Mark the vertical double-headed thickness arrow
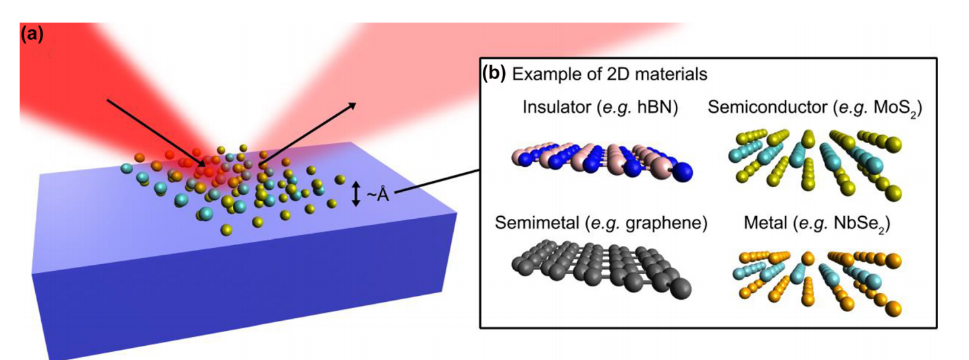coord(357,194)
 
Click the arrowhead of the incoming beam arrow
coord(204,163)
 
